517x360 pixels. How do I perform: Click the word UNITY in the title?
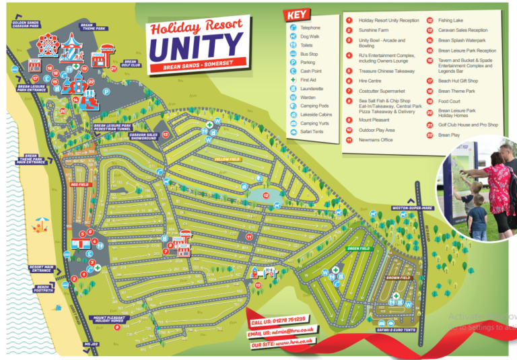coord(195,47)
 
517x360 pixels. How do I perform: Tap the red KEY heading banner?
coord(298,15)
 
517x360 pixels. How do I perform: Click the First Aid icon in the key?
coord(293,79)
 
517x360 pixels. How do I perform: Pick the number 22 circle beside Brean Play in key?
coord(429,135)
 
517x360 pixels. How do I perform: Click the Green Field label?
coord(359,248)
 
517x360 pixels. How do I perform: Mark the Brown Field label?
coord(399,277)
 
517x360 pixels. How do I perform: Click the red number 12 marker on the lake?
coord(267,195)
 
